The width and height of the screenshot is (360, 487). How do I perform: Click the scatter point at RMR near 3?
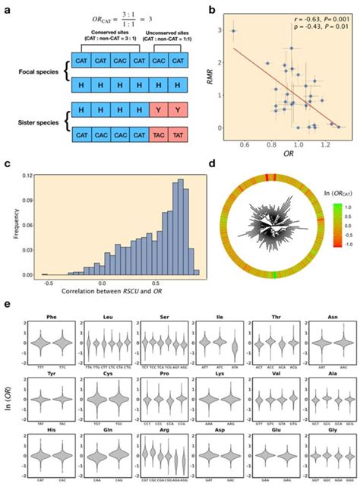click(x=233, y=31)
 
